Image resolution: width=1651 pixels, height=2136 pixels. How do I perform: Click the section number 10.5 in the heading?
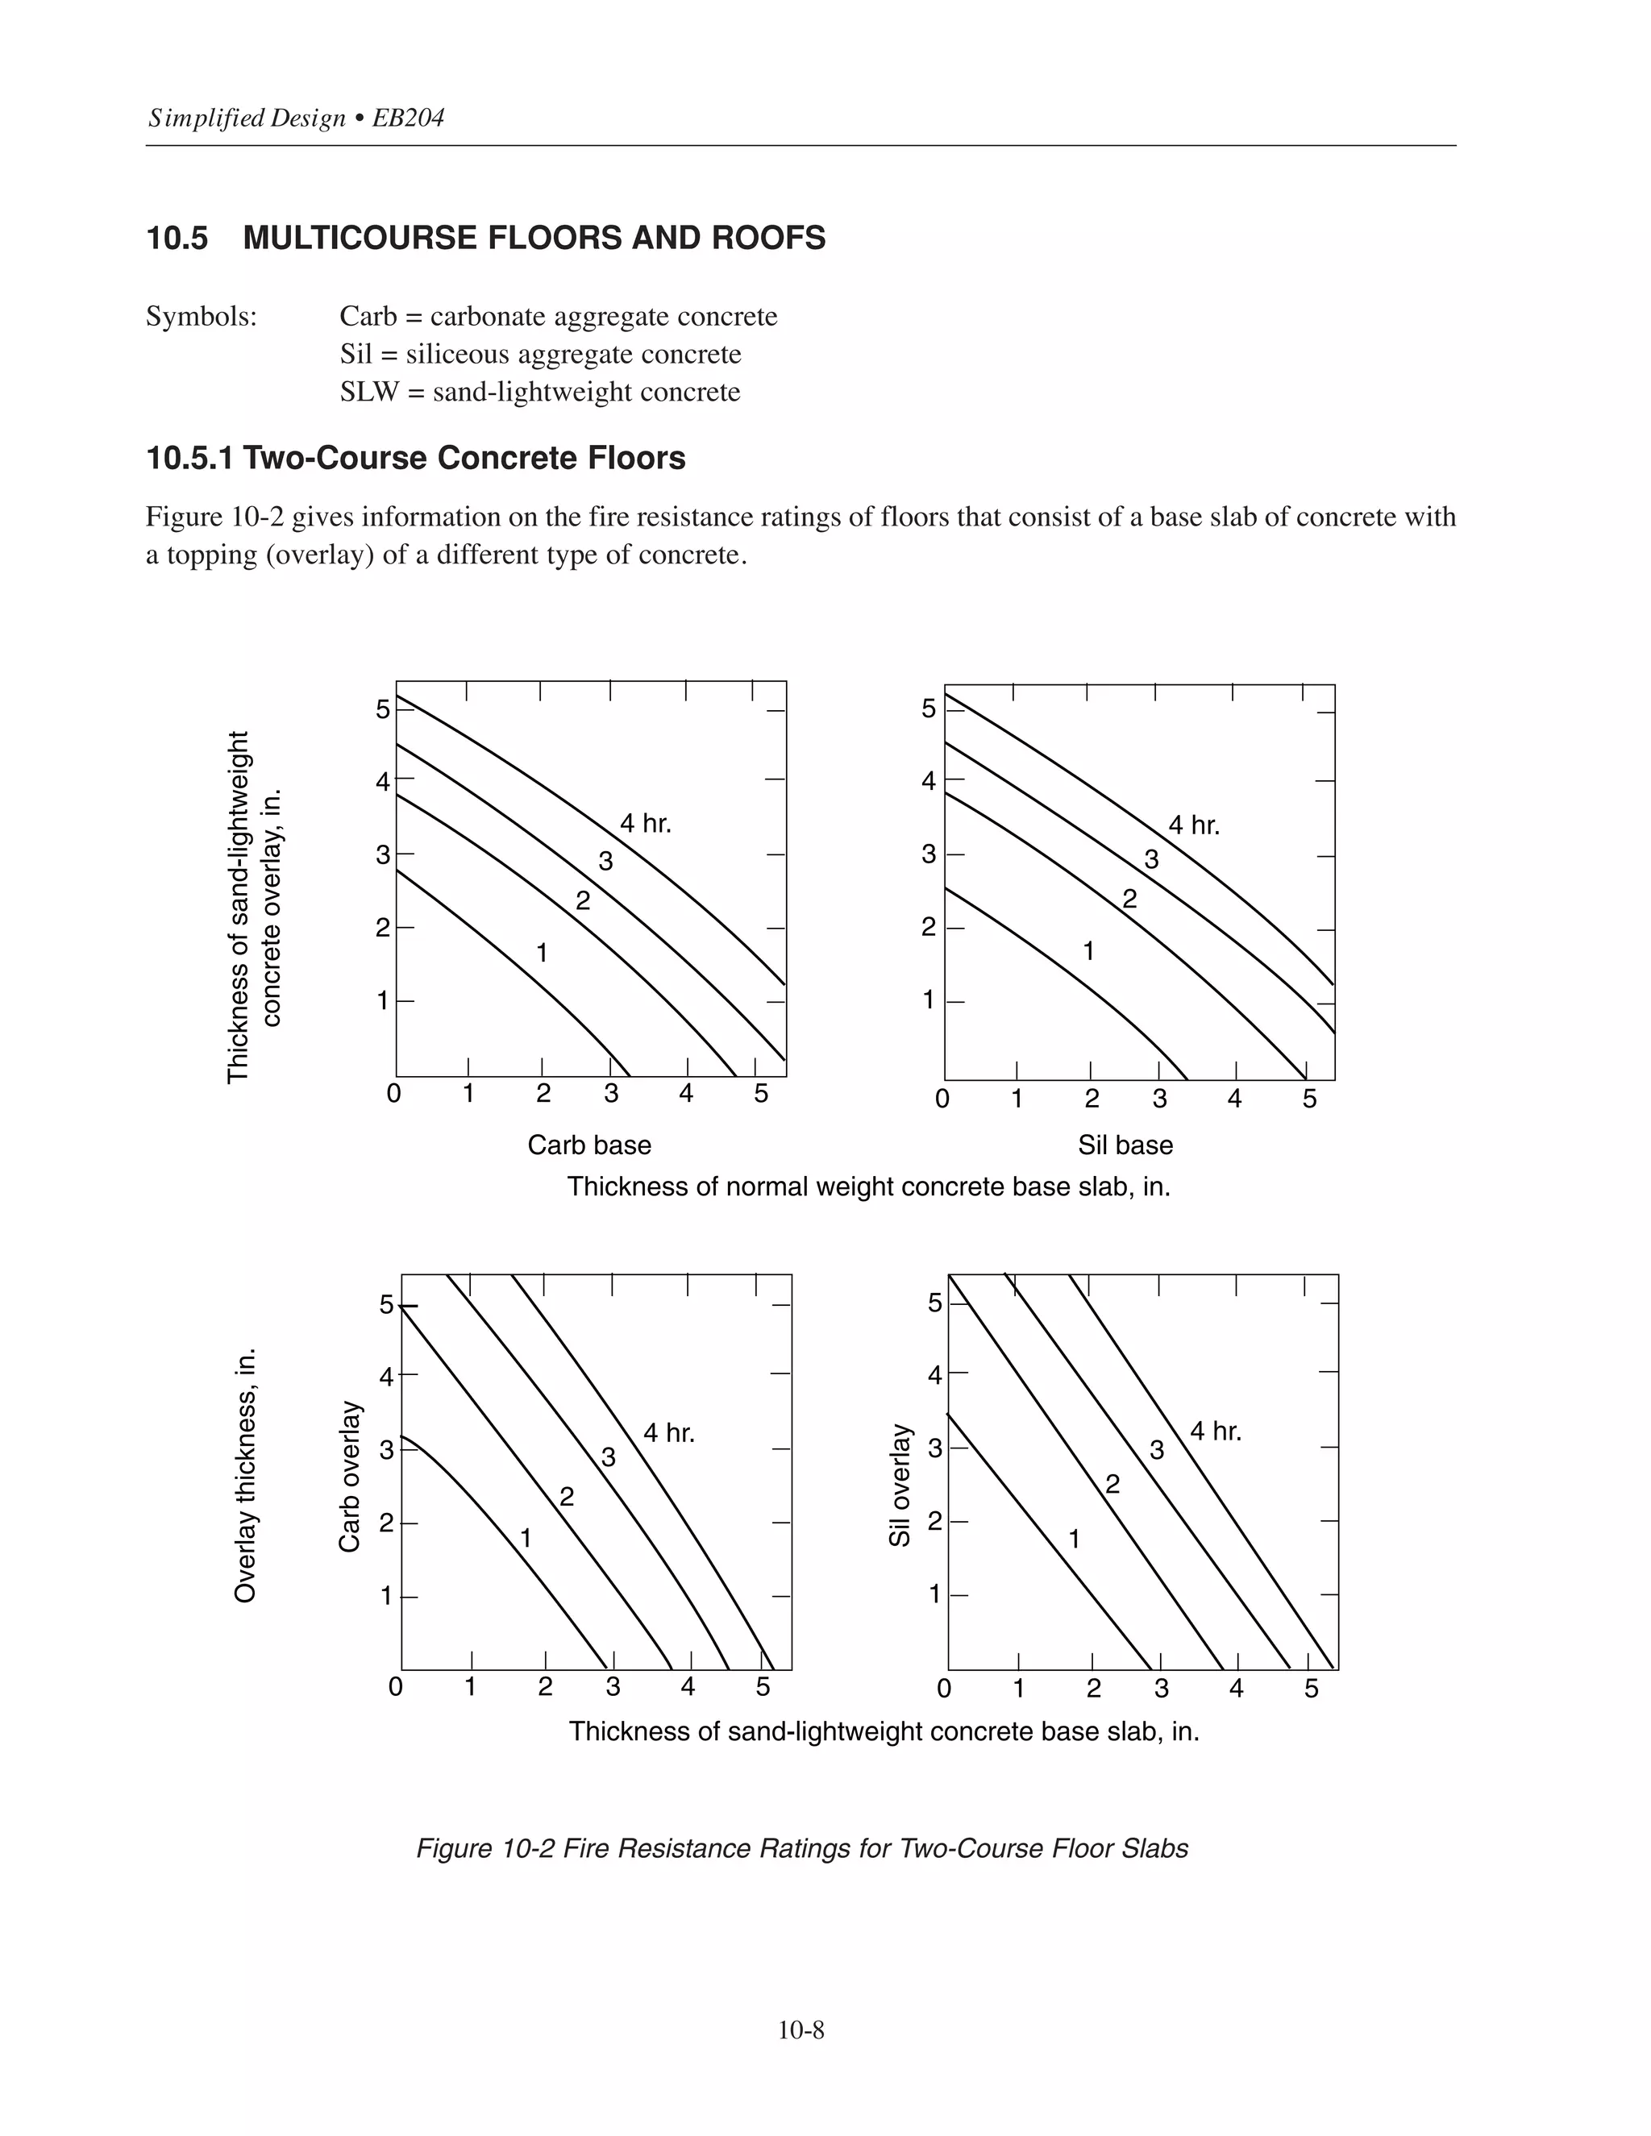[177, 238]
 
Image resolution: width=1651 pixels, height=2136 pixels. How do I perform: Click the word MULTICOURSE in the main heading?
[363, 238]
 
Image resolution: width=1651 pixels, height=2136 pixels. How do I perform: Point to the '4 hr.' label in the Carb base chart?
[646, 824]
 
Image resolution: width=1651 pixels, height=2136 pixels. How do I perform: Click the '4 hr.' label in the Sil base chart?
[1194, 825]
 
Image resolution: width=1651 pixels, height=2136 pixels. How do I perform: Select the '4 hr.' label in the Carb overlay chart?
[669, 1434]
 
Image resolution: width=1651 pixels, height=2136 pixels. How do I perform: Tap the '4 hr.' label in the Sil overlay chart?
[1216, 1432]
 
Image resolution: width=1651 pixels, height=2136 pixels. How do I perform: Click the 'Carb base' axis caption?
[588, 1145]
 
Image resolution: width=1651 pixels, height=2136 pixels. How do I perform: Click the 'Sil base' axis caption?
[1125, 1145]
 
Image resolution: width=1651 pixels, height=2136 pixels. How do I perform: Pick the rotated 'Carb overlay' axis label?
[350, 1476]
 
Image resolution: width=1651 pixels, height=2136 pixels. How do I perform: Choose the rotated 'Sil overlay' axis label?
[900, 1485]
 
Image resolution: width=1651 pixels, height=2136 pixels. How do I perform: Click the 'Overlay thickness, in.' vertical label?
[246, 1476]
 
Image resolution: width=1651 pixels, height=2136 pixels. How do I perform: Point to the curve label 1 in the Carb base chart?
[542, 952]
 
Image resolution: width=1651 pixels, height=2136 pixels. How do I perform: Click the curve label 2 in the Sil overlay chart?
[1112, 1485]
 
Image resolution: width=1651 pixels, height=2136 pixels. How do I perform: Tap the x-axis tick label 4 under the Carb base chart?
[686, 1094]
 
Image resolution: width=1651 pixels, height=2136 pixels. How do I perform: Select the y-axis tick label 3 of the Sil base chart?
[928, 854]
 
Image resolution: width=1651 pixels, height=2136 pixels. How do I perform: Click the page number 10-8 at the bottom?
[801, 2030]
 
